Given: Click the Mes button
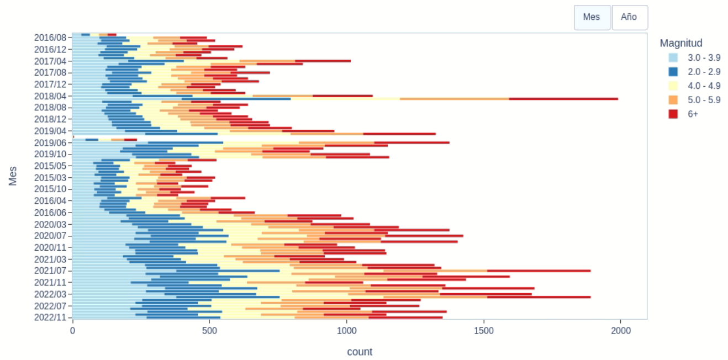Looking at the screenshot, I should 592,17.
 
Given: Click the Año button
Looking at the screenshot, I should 629,17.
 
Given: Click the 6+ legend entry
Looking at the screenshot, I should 693,114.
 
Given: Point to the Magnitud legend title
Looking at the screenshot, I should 681,43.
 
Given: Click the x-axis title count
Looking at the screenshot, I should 360,352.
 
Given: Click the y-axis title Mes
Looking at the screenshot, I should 13,176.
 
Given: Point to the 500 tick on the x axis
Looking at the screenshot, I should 210,330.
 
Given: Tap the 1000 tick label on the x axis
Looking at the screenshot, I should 347,330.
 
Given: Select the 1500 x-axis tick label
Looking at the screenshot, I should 484,330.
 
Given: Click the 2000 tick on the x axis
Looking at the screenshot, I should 620,330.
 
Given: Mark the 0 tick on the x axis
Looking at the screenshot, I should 72,330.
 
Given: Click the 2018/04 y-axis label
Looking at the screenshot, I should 50,96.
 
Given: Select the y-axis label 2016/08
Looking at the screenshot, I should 50,38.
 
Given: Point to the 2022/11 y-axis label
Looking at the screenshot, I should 50,317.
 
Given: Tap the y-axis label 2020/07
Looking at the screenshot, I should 50,236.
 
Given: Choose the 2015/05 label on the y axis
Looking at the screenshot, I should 50,166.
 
